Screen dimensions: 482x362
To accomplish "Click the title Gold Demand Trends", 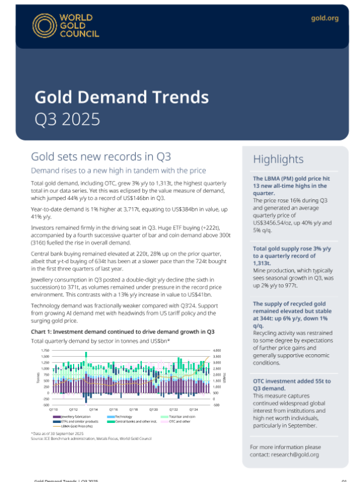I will click(121, 97).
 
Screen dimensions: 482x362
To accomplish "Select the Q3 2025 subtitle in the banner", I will click(66, 119).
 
